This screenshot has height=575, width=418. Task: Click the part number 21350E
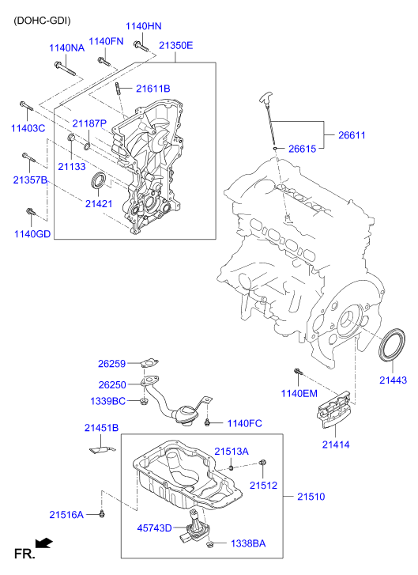coord(175,45)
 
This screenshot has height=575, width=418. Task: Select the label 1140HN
coord(143,26)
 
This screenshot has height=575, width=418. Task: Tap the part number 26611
coord(352,135)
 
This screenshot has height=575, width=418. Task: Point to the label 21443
coord(392,380)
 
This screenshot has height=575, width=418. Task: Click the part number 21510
coord(311,497)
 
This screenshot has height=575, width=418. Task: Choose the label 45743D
coord(155,528)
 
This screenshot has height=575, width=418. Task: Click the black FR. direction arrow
coord(46,543)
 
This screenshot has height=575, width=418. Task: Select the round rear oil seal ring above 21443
coord(392,348)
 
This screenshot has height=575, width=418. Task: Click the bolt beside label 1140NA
coord(66,70)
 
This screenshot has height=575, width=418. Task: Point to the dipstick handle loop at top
coord(265,99)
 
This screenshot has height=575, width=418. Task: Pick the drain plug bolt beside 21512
coord(263,463)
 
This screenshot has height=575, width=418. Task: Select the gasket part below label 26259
coord(146,365)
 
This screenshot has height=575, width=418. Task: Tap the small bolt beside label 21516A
coord(103,515)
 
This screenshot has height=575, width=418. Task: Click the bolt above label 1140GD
coord(31,212)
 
